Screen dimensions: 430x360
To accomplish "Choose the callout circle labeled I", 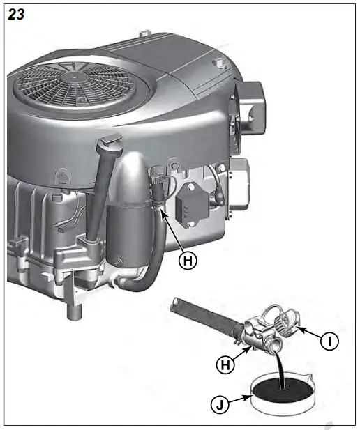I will coord(330,341).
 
